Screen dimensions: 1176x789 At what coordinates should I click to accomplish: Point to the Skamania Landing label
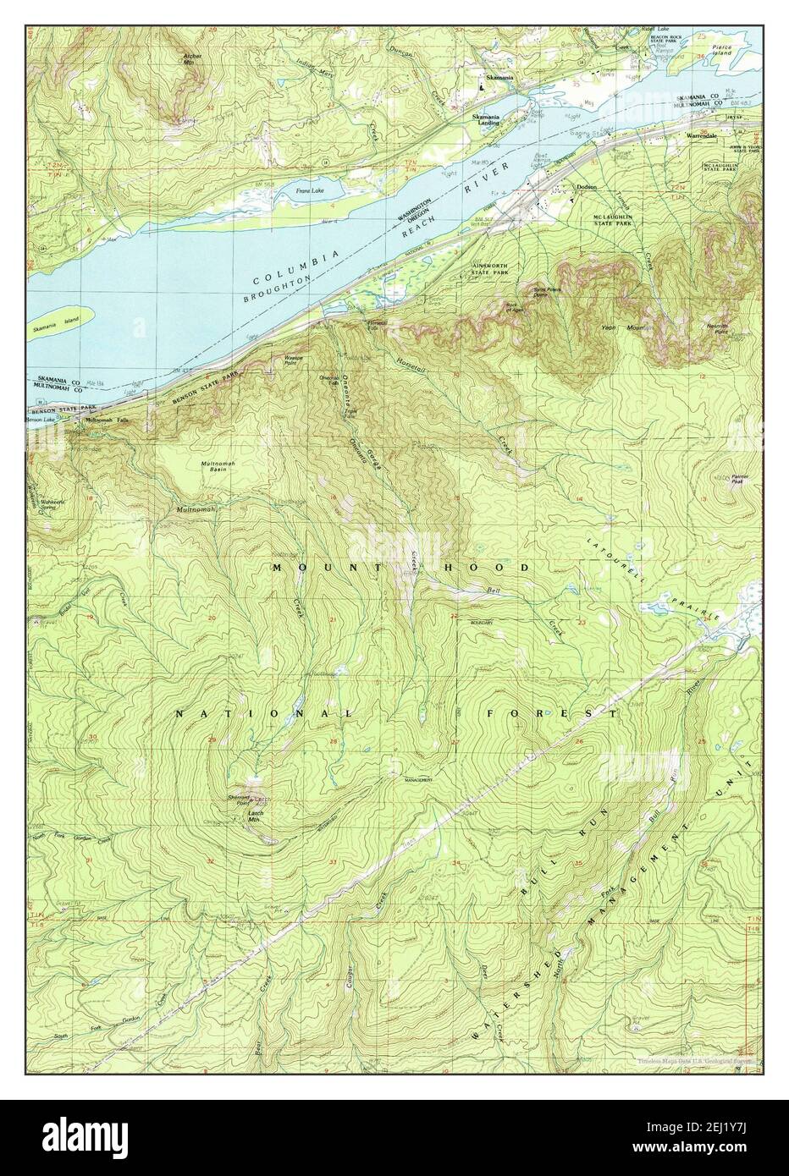[x=488, y=119]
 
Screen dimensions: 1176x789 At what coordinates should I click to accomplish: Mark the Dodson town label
[x=586, y=187]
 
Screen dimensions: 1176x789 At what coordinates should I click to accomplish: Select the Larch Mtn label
[x=257, y=816]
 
